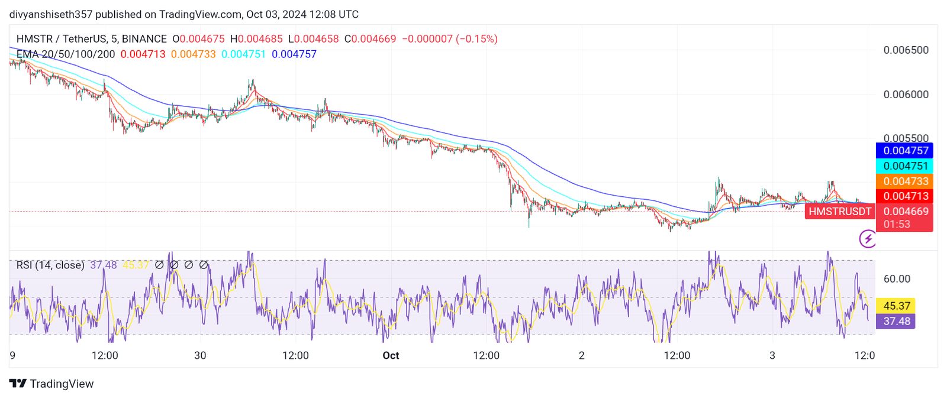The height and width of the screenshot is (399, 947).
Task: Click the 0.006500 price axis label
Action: pos(906,50)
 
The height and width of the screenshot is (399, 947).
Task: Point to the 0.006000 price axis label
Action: pos(906,95)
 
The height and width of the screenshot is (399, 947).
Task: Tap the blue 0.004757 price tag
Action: pos(904,151)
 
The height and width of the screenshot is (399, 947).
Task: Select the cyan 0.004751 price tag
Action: pos(904,166)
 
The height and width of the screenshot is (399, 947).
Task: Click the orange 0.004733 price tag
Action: pos(904,181)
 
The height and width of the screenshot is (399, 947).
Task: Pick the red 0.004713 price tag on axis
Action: pos(904,196)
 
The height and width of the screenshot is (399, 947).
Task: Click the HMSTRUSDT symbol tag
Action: pos(839,212)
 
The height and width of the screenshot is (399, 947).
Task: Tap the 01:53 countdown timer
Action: pos(897,225)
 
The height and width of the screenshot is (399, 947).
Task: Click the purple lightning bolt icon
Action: pos(868,239)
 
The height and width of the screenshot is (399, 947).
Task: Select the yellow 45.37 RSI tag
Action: pos(896,306)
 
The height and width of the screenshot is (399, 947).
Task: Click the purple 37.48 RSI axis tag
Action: pos(896,321)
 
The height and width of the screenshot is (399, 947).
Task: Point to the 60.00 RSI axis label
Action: pos(897,279)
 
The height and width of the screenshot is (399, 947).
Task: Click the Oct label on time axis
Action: pos(391,356)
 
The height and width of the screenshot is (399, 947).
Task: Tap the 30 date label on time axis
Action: pos(200,356)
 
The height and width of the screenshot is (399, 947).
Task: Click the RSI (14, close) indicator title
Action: pos(50,265)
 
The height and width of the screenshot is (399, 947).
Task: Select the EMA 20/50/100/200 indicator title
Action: pos(66,54)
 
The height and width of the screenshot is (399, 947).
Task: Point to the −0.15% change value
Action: pos(476,39)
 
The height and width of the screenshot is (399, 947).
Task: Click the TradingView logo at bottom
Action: pos(52,384)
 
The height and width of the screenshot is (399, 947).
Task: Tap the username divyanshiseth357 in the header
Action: pos(51,14)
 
